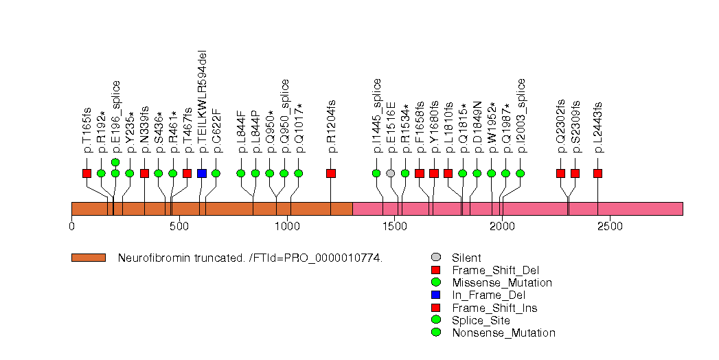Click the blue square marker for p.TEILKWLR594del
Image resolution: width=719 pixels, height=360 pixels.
point(201,173)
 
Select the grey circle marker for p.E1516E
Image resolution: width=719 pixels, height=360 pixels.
point(391,173)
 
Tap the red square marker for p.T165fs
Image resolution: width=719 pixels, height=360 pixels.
point(87,173)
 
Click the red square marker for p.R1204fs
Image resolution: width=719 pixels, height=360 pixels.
point(331,173)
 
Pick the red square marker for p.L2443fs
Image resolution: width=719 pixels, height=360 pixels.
point(597,173)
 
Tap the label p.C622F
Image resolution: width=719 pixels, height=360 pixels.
point(216,130)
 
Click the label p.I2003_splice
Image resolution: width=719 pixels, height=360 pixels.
point(521,115)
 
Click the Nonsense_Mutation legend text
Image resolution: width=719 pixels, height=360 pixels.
point(503,333)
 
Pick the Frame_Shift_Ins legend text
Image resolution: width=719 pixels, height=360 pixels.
point(494,308)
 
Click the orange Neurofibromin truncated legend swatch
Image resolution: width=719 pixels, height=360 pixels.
point(89,258)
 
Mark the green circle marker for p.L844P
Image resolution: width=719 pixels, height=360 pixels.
point(255,173)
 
